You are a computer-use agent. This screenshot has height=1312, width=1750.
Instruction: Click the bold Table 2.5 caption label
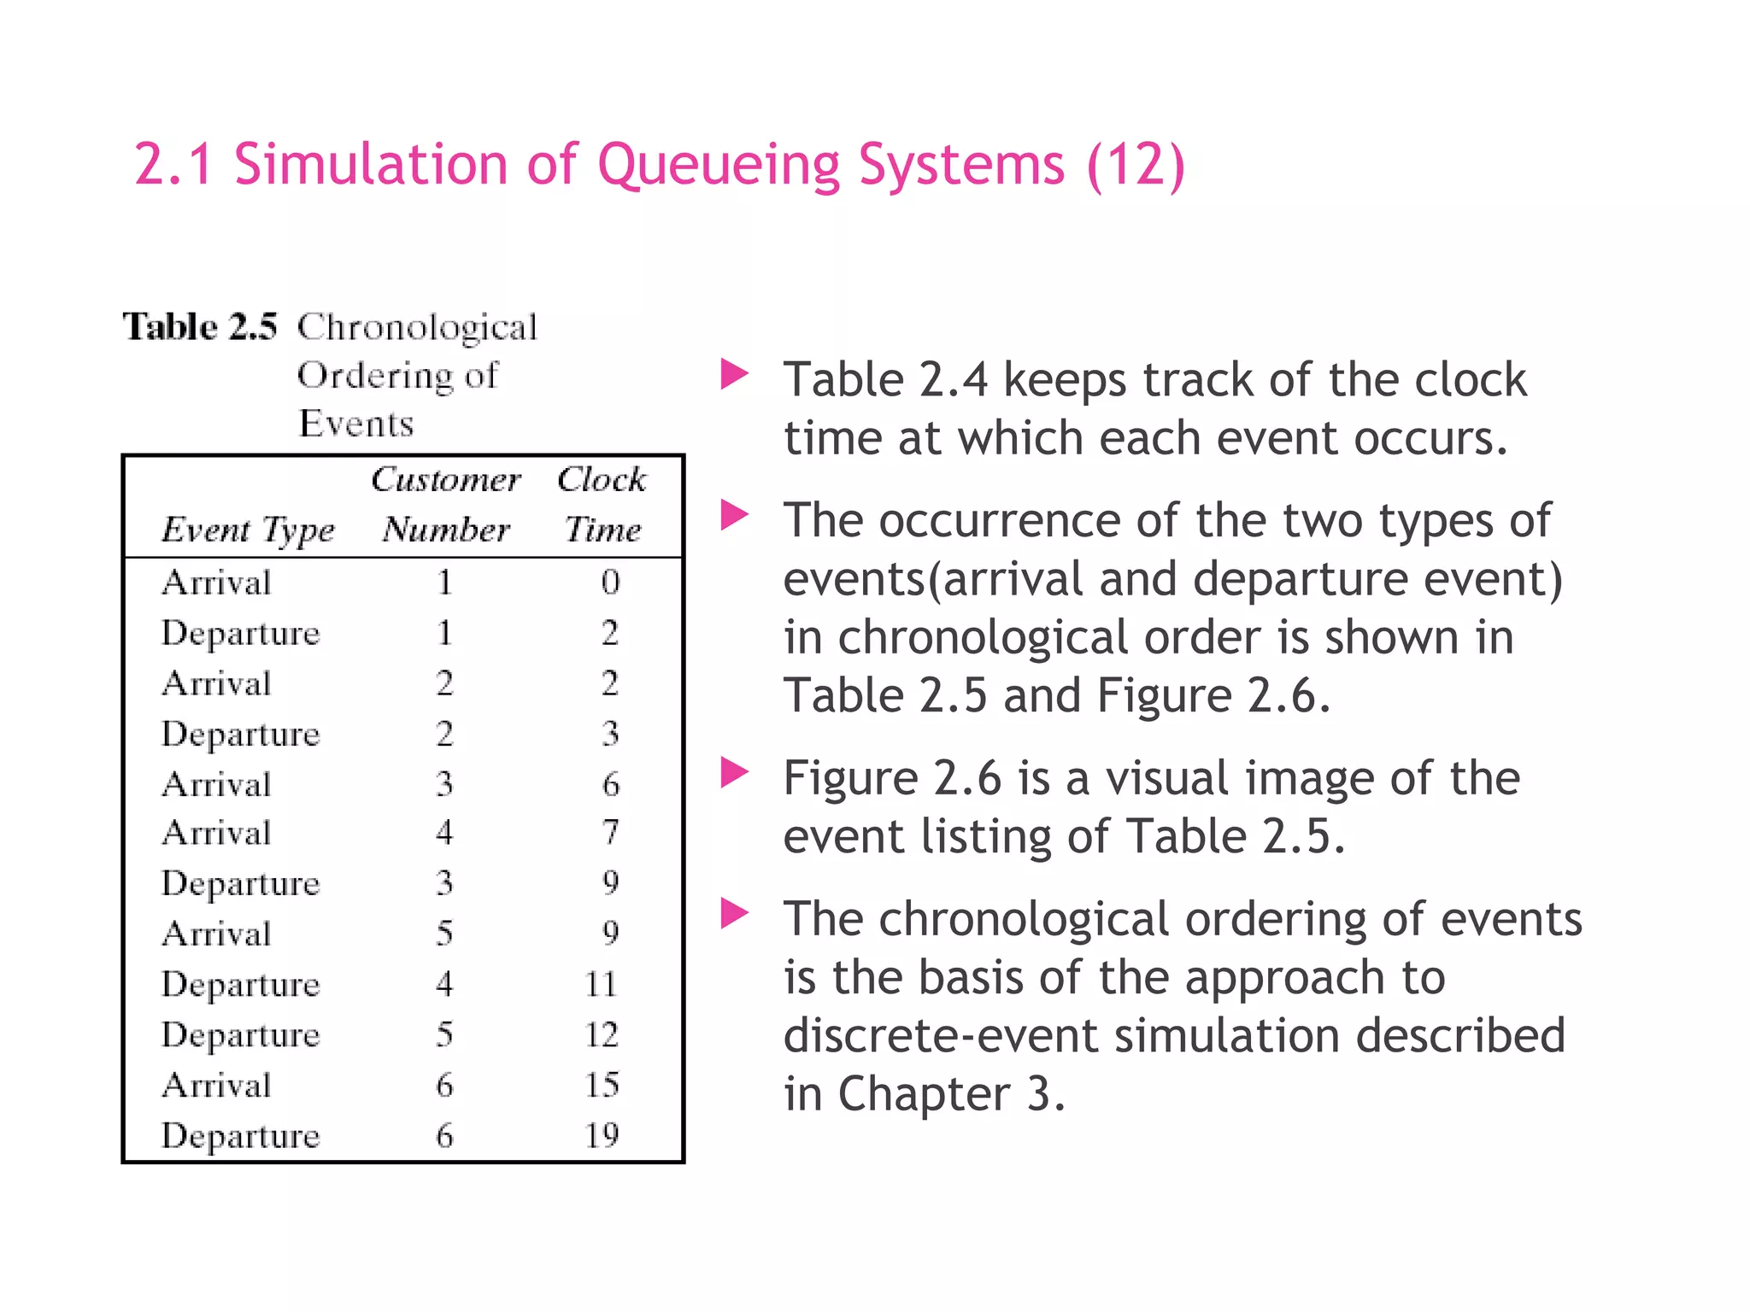200,327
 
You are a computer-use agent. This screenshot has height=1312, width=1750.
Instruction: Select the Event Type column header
248,530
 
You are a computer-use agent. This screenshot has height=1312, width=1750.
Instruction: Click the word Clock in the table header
602,479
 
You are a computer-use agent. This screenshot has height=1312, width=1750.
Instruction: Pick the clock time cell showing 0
609,583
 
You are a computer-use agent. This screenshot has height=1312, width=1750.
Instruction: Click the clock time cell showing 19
602,1135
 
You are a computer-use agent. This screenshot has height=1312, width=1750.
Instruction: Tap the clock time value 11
602,984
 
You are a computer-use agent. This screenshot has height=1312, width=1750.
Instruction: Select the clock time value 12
602,1034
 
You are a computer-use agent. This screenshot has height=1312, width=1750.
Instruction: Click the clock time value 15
602,1085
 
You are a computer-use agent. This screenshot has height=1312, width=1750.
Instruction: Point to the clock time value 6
610,784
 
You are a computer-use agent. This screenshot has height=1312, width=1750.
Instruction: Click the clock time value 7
610,833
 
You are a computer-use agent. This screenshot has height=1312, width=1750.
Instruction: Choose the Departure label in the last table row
240,1136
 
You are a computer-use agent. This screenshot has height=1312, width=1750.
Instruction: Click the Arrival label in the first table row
216,583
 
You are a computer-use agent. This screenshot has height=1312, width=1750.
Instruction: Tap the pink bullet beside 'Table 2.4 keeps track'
734,374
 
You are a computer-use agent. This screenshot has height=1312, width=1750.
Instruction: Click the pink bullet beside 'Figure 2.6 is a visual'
734,772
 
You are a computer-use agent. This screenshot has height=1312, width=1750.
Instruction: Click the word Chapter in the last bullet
924,1093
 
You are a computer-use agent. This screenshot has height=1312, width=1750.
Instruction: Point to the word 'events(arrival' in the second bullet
933,579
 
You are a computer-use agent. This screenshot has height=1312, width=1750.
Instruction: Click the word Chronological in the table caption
417,328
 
